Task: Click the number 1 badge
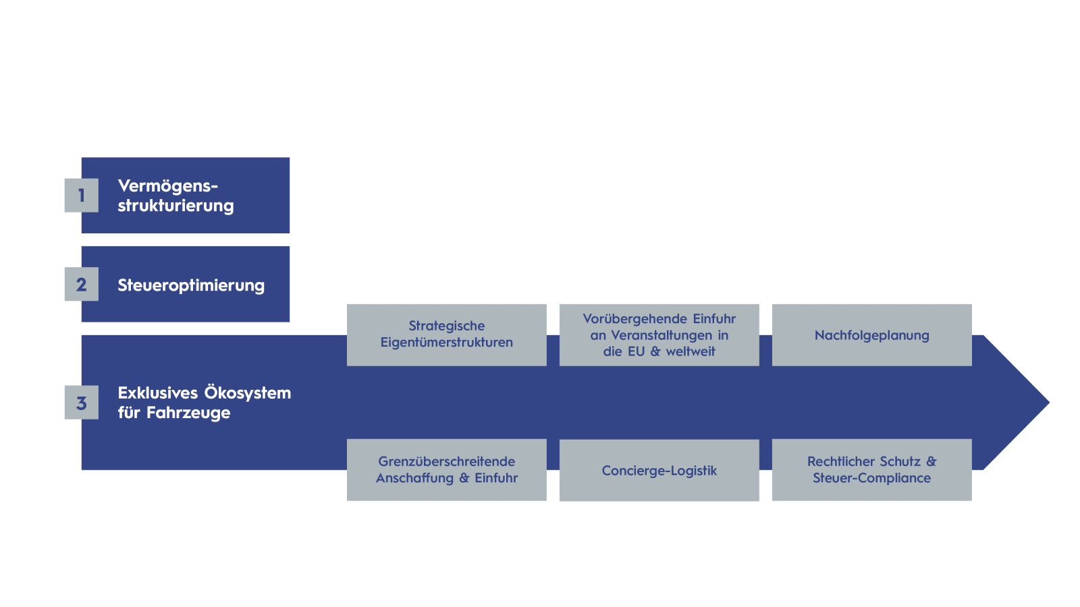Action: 82,196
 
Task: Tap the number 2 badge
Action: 82,284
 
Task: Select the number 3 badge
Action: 82,402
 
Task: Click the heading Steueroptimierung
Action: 191,285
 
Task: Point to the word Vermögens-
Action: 168,186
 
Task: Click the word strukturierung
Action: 175,206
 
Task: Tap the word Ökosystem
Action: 247,393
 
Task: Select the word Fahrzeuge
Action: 188,413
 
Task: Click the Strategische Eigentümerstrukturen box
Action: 446,335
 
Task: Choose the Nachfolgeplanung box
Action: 871,335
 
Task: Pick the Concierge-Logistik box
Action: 659,470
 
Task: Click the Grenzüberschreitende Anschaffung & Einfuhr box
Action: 446,469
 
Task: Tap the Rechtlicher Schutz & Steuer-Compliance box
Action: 871,469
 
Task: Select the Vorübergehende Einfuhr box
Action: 659,335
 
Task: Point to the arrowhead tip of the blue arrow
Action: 1049,402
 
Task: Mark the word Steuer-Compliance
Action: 871,478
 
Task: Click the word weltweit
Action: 691,351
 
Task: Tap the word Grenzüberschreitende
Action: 446,461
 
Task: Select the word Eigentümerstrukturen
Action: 446,343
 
